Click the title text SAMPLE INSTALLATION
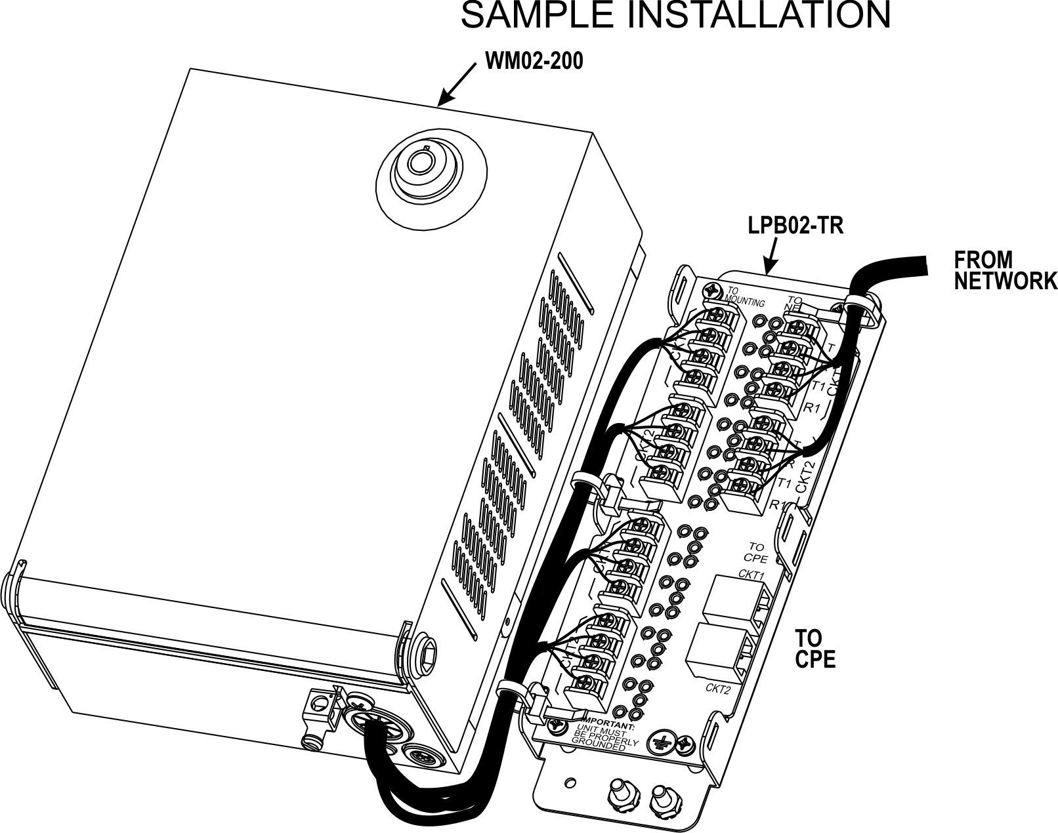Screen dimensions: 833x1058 coord(675,16)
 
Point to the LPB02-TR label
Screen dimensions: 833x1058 coord(795,226)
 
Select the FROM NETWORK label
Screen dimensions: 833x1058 coord(1004,270)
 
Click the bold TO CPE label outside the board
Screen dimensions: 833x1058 coord(815,648)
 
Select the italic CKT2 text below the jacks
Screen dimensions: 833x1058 coord(718,688)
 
